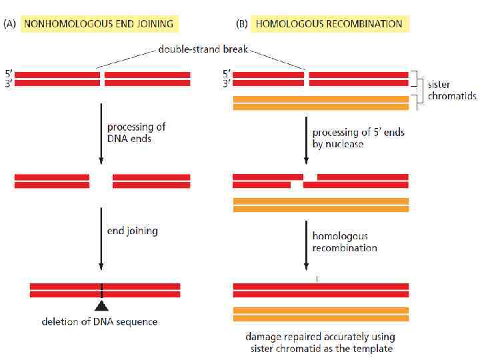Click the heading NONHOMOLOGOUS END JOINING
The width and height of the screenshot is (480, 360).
(x=99, y=24)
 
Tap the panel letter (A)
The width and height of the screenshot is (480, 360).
(x=11, y=24)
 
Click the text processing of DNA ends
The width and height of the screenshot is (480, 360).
(x=137, y=132)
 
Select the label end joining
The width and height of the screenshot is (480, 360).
(x=132, y=231)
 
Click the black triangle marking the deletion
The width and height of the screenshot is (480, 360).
(x=101, y=306)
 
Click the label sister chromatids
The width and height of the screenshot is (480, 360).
(x=451, y=90)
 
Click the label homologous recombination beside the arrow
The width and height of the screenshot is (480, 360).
(x=345, y=242)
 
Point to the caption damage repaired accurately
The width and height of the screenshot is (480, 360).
(x=321, y=343)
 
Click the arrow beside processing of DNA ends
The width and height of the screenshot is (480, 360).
(x=101, y=133)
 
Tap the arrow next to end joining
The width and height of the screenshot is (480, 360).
(x=101, y=235)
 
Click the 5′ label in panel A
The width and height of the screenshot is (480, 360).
(x=8, y=74)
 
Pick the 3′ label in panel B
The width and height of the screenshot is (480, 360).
(x=226, y=83)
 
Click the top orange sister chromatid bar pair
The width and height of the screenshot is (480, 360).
(x=321, y=103)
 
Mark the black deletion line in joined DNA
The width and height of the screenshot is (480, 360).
(x=101, y=290)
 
